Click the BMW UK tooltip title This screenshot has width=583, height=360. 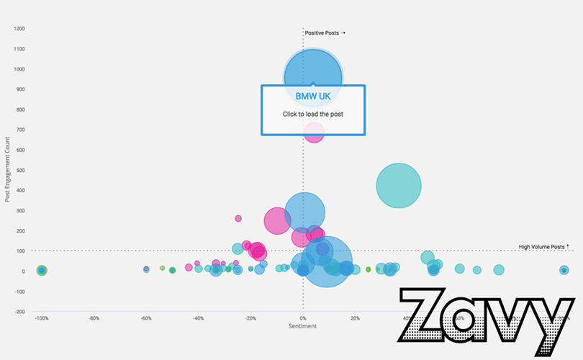point(313,95)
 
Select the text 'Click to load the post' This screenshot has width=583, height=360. point(313,114)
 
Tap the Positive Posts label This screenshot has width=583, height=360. point(324,32)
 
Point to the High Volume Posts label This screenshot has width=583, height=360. point(543,247)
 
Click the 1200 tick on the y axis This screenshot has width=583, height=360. point(19,29)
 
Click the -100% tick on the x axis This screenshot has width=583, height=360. point(42,318)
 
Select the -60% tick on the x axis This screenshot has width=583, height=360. point(146,318)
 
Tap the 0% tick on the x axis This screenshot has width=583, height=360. point(303,318)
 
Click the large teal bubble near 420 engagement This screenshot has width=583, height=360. point(399,186)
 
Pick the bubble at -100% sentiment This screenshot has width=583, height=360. point(42,271)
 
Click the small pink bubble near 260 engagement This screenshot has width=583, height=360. point(238,218)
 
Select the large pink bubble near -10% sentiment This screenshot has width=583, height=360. point(277,222)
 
